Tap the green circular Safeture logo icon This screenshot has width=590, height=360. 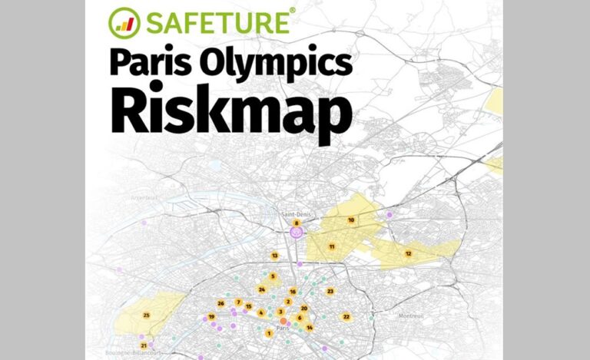tap(124, 21)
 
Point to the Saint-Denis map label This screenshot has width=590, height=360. tap(296, 214)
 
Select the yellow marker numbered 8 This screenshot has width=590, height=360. tap(296, 223)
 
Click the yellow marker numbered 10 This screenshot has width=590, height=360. tap(351, 220)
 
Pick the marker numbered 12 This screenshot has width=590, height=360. tap(409, 253)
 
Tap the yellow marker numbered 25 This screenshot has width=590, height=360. tap(146, 315)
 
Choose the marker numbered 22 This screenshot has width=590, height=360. tap(346, 316)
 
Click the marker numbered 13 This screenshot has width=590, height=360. tap(274, 255)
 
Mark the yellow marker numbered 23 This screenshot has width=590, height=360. tap(330, 291)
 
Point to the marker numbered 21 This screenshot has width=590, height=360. tap(144, 345)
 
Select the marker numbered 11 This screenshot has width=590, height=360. tap(332, 246)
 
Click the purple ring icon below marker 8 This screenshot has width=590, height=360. tap(297, 232)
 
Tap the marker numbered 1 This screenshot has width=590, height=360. tap(268, 333)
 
